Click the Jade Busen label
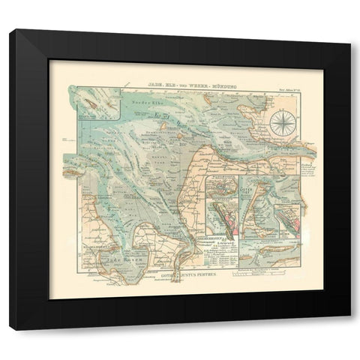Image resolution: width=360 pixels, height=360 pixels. pos(120,257)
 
